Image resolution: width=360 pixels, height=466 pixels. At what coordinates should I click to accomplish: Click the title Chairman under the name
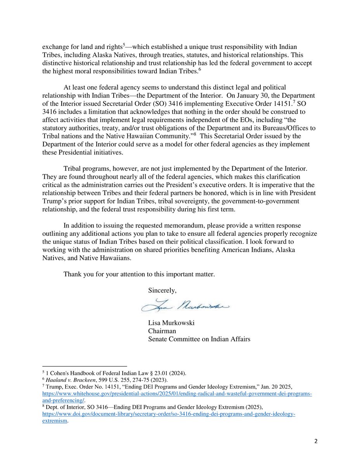click(162, 331)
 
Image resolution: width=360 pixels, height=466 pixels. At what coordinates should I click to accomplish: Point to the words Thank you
click(77, 274)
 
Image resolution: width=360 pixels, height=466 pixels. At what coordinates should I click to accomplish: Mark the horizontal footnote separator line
click(85, 366)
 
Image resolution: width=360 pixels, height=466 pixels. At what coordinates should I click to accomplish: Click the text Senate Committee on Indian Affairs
click(199, 339)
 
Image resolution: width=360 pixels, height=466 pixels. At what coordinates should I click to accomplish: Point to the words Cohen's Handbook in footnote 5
click(70, 373)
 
